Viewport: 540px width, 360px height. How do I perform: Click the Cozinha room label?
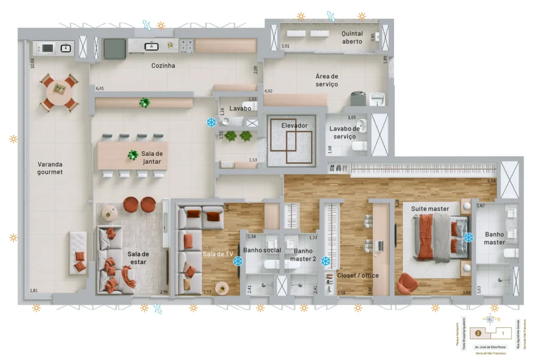click(163, 66)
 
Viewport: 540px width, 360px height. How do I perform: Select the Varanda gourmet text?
click(50, 168)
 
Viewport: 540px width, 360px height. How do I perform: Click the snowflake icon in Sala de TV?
click(238, 261)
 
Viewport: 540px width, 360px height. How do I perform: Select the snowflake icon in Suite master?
click(468, 238)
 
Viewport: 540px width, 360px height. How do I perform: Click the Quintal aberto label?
click(352, 37)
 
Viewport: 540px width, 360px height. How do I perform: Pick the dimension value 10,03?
click(33, 64)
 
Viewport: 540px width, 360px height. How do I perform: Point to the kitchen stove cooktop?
click(187, 46)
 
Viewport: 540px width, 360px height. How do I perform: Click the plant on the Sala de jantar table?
click(132, 155)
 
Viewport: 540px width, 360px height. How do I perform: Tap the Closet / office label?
click(358, 275)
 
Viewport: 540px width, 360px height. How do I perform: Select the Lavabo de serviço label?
click(344, 132)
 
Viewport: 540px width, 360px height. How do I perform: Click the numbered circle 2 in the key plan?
click(477, 333)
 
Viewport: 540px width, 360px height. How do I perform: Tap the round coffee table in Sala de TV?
click(223, 288)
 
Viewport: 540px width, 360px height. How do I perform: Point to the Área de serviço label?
click(326, 81)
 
